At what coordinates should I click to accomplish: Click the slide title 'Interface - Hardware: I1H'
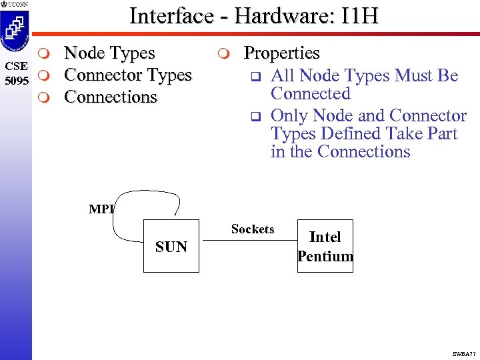tap(253, 15)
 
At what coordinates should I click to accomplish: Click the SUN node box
tap(171, 246)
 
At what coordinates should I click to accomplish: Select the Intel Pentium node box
tap(325, 246)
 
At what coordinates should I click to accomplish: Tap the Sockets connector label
tap(253, 229)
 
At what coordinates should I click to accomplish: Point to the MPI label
tap(101, 209)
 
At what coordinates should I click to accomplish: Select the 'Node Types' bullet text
tap(109, 53)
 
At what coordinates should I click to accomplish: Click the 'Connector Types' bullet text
tap(127, 75)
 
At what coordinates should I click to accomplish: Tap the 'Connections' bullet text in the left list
tap(111, 97)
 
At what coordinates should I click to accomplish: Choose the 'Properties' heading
tap(282, 53)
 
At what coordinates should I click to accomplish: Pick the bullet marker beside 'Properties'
tap(225, 53)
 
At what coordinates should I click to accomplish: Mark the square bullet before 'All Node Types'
tap(254, 77)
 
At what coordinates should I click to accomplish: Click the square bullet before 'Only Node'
tap(254, 117)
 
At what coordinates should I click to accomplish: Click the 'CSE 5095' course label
tap(15, 71)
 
